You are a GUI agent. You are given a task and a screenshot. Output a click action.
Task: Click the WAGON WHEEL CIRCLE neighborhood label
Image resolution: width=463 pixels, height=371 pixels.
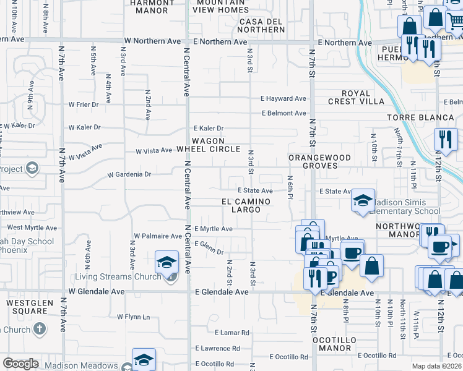(208, 145)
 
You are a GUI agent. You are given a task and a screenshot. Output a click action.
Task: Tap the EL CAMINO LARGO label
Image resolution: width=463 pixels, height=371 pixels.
(246, 206)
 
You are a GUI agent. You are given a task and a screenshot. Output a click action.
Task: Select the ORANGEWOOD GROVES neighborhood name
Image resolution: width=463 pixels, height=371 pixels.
(321, 161)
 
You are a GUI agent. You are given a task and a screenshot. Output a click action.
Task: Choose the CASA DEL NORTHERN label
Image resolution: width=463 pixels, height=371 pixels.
(261, 25)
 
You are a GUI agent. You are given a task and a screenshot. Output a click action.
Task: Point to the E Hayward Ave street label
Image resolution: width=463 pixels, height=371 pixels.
(283, 98)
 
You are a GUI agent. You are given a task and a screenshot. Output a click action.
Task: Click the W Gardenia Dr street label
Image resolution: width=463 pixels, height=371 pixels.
(129, 175)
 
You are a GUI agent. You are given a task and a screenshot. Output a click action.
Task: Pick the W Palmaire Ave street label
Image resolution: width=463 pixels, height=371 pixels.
(158, 236)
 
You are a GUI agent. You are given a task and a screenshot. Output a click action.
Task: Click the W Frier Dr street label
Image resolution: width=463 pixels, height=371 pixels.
(84, 104)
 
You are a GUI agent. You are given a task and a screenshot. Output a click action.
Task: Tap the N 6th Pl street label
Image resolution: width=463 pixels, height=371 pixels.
(290, 184)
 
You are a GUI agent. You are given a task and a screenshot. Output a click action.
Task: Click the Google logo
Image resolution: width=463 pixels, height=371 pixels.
(20, 364)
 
